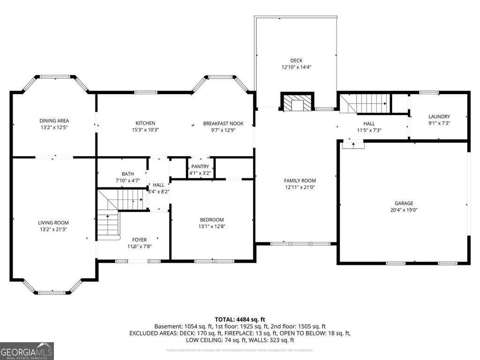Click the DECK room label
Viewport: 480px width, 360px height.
[x=296, y=60]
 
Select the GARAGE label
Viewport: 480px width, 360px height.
[x=404, y=203]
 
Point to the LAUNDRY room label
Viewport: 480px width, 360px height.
[x=439, y=117]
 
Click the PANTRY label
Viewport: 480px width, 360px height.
[x=200, y=167]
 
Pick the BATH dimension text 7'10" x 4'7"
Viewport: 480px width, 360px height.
[x=128, y=180]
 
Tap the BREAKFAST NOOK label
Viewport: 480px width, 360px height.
[x=223, y=124]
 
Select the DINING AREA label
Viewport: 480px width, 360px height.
[x=54, y=120]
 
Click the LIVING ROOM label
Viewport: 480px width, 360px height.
[x=53, y=223]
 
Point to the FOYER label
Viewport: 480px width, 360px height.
[x=139, y=240]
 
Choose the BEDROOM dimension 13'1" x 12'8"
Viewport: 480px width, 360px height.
[x=212, y=226]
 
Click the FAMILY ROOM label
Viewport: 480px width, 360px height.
[x=300, y=180]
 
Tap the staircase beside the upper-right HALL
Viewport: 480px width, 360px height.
[x=365, y=103]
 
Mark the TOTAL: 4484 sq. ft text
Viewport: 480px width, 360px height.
[x=240, y=320]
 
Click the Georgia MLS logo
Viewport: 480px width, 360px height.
[x=27, y=351]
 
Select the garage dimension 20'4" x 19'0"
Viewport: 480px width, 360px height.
[x=404, y=210]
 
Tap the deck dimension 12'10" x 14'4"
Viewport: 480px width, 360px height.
[x=296, y=67]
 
